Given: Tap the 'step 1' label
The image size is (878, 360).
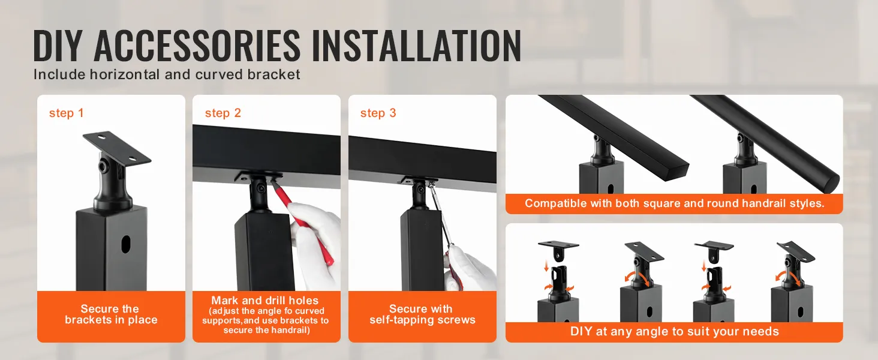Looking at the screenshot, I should pos(66,113).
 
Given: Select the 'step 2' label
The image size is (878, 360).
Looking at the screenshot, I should pos(222,113).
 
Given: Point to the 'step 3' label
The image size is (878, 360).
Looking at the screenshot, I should pos(378,113).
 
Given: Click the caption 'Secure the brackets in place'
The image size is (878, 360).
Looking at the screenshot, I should pos(111,314).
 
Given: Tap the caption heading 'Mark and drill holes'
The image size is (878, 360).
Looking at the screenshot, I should pos(264,301).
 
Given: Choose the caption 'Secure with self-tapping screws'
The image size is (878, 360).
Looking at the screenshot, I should pos(422,314).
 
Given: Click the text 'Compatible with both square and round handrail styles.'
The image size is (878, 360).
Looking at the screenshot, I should pos(674,203).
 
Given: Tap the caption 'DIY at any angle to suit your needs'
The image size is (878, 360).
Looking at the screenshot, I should pos(674,331).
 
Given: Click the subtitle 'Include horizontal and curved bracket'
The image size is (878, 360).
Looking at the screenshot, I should pos(167,74).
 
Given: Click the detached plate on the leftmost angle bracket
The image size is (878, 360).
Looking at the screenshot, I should pos(558,247).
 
